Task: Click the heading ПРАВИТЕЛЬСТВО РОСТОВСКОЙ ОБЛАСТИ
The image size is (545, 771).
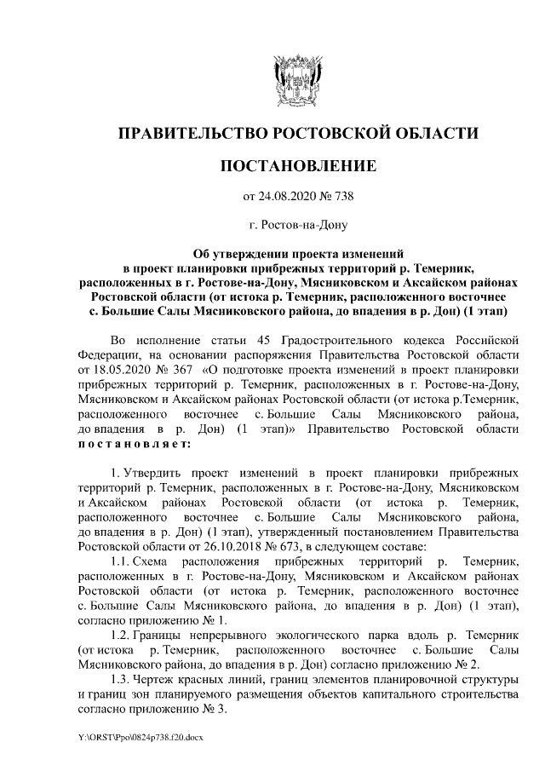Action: [297, 134]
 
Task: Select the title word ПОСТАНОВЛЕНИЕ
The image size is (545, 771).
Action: [297, 165]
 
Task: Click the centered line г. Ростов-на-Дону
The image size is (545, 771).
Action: [297, 226]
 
